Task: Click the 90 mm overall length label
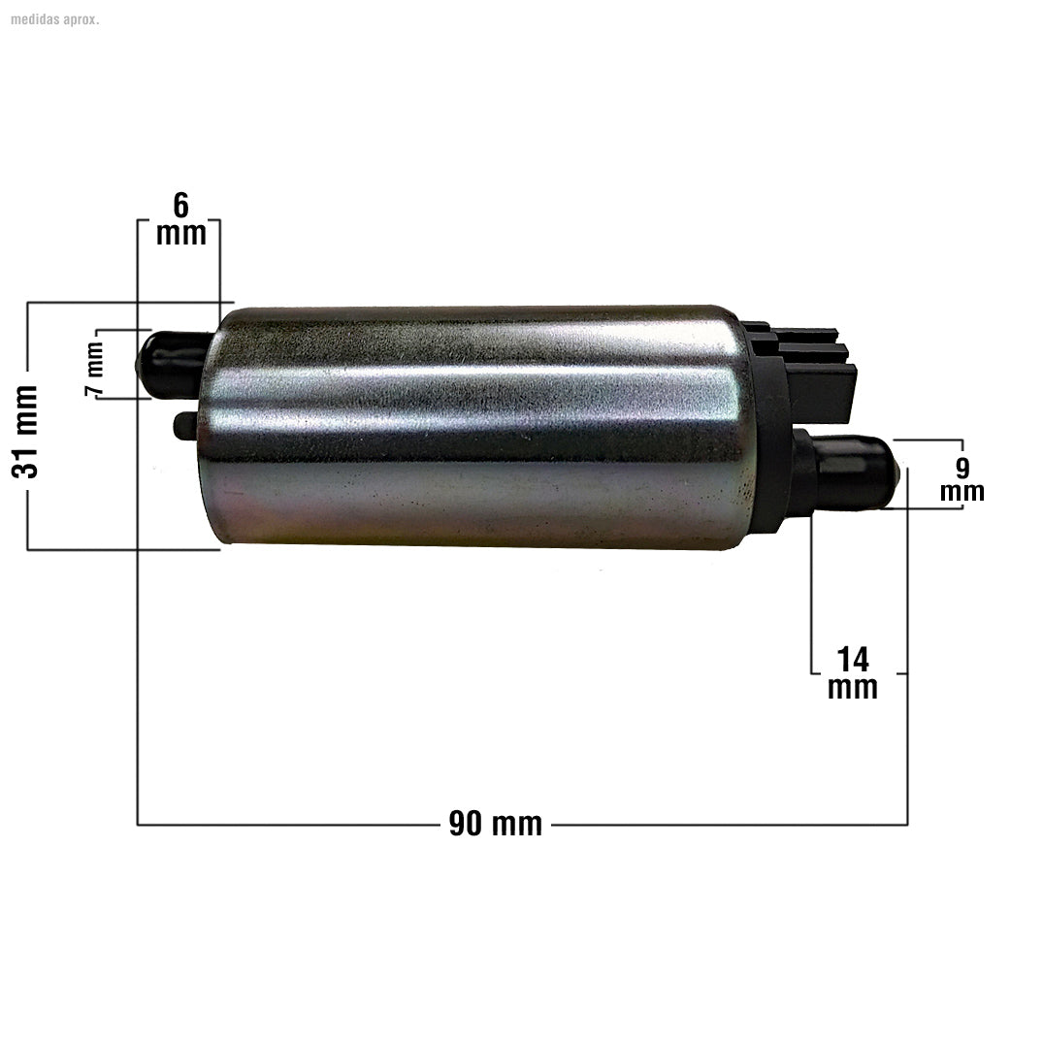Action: (x=496, y=825)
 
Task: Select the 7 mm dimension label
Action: (x=95, y=370)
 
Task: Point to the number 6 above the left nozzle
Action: (x=180, y=206)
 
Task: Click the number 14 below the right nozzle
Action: (x=853, y=660)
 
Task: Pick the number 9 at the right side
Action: (x=962, y=468)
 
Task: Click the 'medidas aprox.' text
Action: (x=54, y=18)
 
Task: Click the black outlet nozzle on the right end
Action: (x=849, y=473)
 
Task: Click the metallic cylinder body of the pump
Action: (x=475, y=427)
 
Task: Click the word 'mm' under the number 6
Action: (x=181, y=234)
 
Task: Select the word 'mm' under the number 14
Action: (x=853, y=688)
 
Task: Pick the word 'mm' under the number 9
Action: (x=962, y=492)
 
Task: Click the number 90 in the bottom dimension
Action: (x=466, y=825)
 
